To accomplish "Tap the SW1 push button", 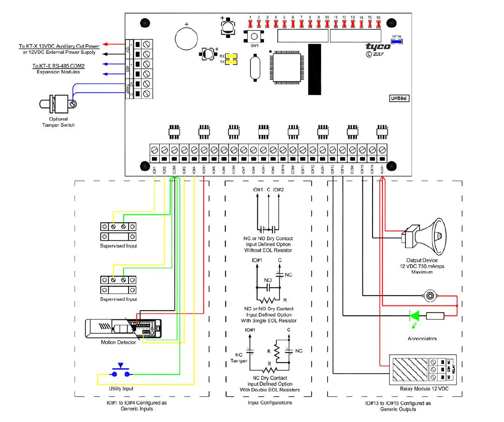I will pos(254,37).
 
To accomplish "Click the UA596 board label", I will pos(398,98).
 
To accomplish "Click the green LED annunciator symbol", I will pos(413,315).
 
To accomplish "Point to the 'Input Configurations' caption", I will pos(270,403).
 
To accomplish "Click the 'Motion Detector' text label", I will pos(118,343).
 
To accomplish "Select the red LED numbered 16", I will pos(379,23).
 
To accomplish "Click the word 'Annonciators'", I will pos(421,338).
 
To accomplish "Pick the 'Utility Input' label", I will pos(121,388).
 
